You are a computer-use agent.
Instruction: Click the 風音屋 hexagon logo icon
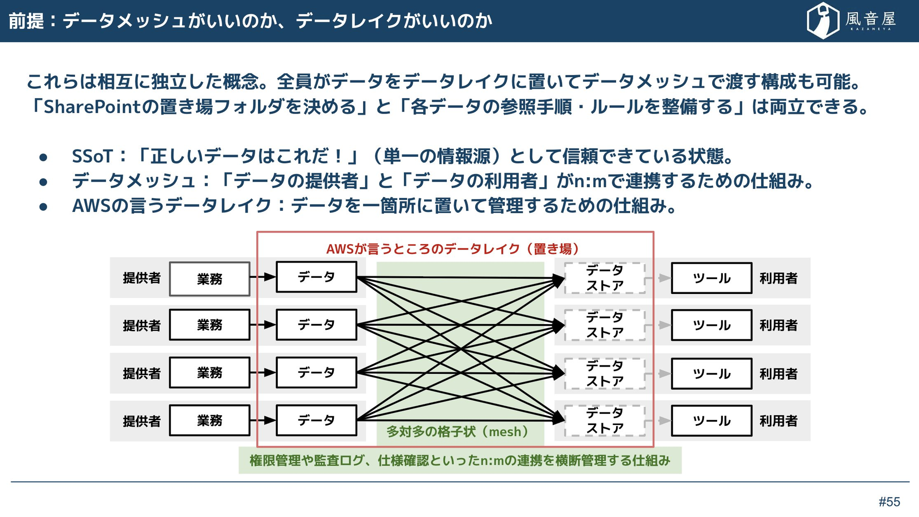pyautogui.click(x=823, y=21)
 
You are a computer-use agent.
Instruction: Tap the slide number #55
pyautogui.click(x=889, y=502)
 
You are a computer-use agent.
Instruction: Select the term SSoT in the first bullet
pyautogui.click(x=92, y=156)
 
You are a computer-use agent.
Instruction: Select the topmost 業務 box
pyautogui.click(x=210, y=279)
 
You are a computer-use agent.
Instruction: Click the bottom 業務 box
pyautogui.click(x=210, y=421)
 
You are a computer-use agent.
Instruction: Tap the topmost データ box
pyautogui.click(x=316, y=277)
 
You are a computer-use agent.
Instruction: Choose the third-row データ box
pyautogui.click(x=316, y=372)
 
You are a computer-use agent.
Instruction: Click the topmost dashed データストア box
pyautogui.click(x=604, y=278)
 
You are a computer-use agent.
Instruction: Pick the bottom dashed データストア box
pyautogui.click(x=604, y=421)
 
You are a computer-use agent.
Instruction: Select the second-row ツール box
pyautogui.click(x=711, y=325)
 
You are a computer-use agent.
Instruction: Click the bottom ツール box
pyautogui.click(x=711, y=421)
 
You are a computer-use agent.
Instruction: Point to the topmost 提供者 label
pyautogui.click(x=142, y=278)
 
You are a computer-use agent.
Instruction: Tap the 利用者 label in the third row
pyautogui.click(x=779, y=374)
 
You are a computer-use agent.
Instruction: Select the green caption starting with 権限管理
pyautogui.click(x=460, y=460)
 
